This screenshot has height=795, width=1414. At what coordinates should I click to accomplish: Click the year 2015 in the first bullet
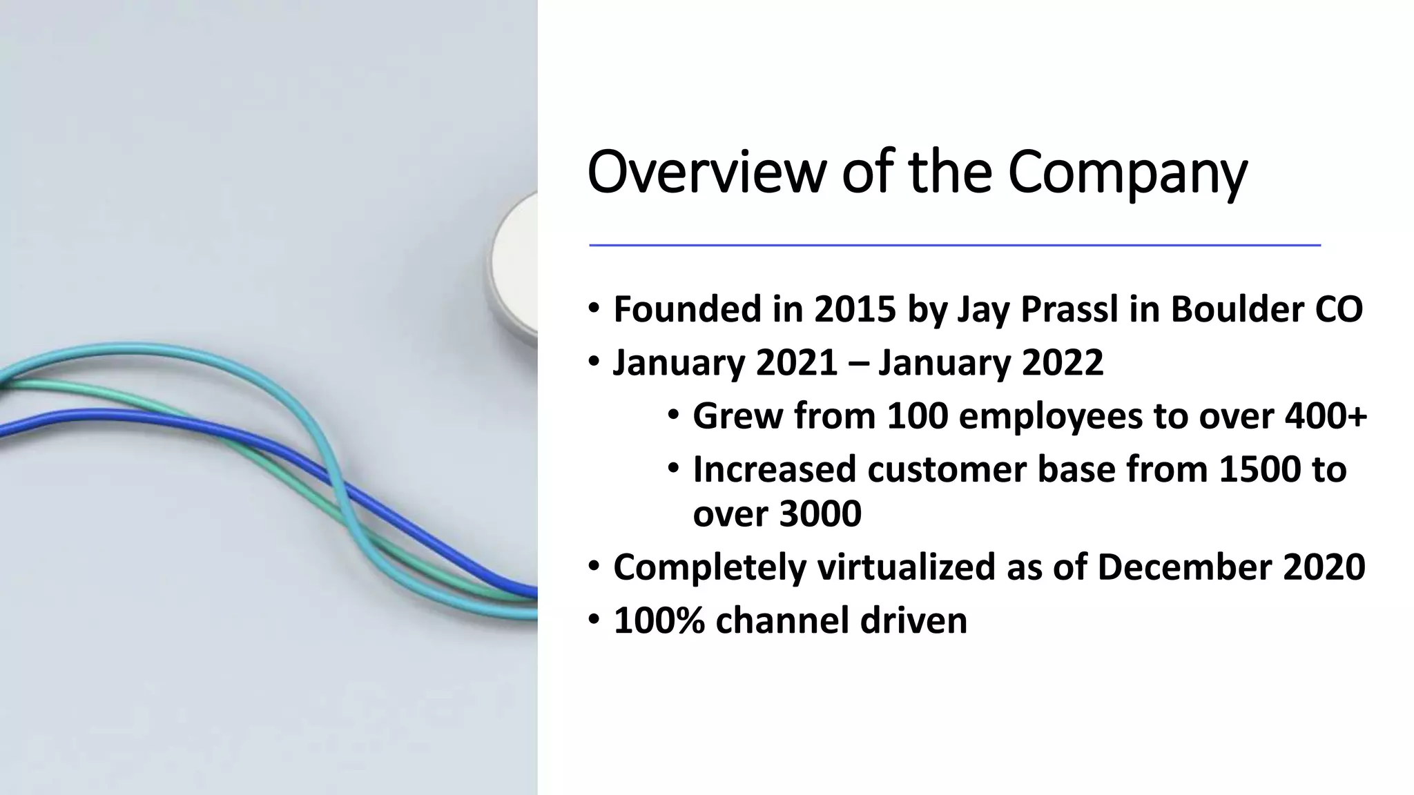pos(855,309)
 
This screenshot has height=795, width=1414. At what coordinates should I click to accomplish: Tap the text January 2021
pos(726,362)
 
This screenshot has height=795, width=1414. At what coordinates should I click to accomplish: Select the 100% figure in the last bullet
pos(659,620)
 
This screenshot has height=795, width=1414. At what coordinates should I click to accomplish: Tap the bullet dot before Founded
pos(594,308)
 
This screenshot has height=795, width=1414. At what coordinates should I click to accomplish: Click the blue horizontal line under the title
pos(954,245)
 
